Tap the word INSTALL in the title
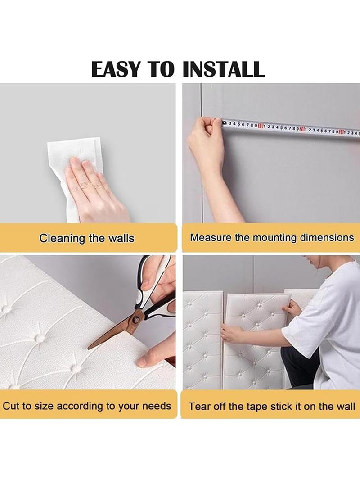pyautogui.click(x=223, y=69)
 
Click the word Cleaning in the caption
pyautogui.click(x=62, y=239)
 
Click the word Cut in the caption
pyautogui.click(x=11, y=406)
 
